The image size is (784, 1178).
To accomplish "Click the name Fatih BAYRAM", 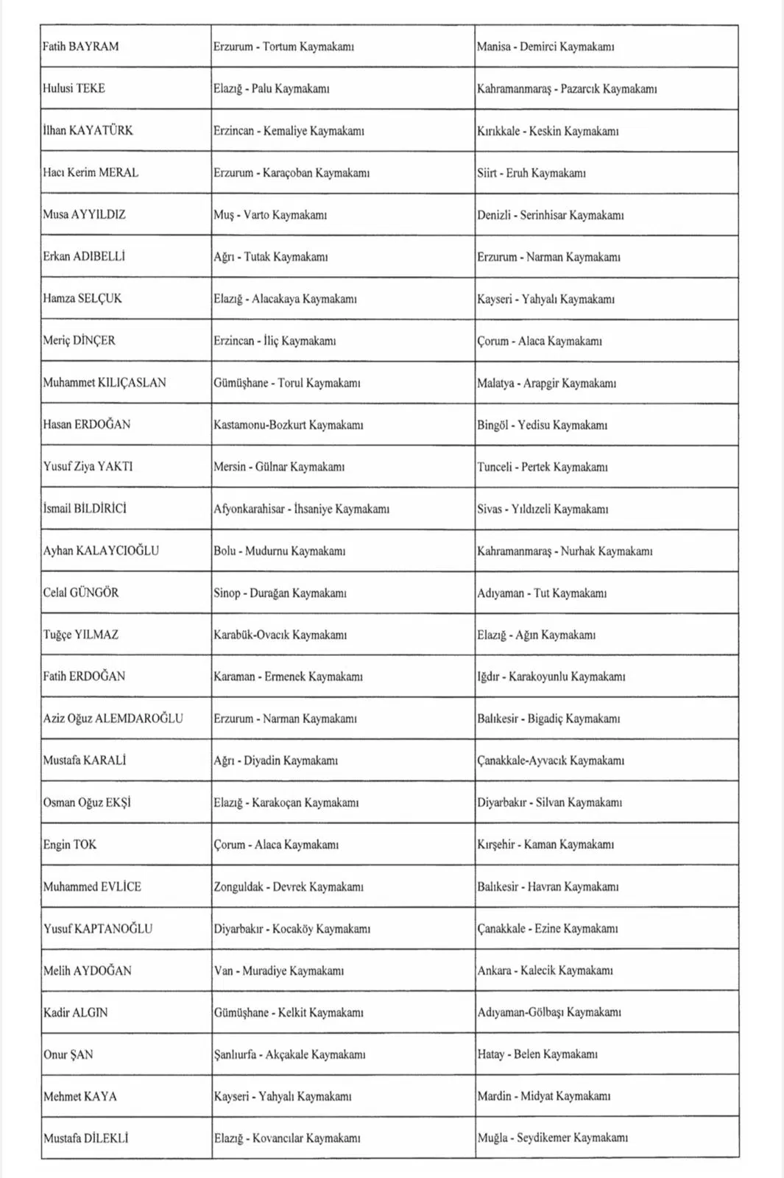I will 80,46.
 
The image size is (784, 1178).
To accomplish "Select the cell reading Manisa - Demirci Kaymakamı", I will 545,46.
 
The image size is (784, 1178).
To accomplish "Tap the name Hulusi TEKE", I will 74,88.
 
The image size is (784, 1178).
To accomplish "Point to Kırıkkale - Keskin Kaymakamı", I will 548,131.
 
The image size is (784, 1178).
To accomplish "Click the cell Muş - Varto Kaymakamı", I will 270,215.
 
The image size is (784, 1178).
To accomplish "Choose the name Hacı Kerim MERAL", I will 91,172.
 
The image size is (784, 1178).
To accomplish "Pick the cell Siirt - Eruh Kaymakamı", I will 531,173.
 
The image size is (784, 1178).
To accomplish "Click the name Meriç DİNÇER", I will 79,340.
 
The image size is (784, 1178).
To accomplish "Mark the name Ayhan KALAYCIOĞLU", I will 101,551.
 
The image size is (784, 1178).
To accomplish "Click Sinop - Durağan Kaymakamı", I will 280,593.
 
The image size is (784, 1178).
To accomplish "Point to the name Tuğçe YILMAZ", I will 80,635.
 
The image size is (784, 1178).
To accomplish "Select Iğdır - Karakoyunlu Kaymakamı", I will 551,677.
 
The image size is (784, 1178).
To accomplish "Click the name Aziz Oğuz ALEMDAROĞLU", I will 113,719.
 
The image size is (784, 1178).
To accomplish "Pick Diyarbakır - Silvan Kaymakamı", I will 549,803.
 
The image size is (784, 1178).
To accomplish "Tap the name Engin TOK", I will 69,844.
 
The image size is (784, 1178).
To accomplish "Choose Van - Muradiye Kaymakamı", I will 278,970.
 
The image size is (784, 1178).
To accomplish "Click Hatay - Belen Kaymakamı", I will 537,1054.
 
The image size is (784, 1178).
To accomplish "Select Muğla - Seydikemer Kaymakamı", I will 552,1138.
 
